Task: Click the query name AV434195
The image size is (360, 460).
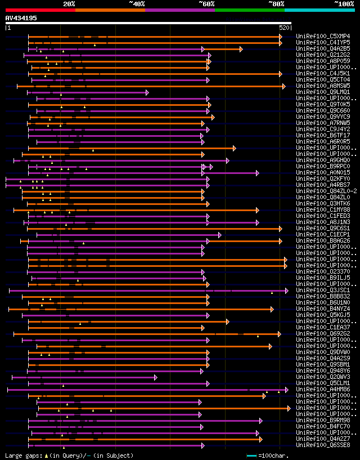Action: pos(21,18)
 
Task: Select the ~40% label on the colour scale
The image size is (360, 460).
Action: pos(137,4)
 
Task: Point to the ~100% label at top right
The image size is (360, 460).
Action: pos(343,4)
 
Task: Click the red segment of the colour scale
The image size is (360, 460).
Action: pos(40,10)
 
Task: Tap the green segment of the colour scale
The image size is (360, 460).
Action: pos(249,10)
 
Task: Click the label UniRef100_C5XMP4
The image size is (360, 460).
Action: pos(323,36)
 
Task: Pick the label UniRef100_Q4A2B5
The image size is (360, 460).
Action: pos(323,48)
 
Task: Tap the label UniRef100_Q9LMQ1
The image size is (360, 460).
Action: pos(323,92)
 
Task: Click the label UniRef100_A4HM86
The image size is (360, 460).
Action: pos(323,389)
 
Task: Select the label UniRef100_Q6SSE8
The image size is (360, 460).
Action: pos(323,445)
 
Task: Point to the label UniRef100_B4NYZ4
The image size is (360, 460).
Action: pos(323,309)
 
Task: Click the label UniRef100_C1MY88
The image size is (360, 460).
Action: pos(323,209)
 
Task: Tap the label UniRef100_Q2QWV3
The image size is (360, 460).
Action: pos(323,377)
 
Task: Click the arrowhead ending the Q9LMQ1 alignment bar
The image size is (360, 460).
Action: pos(147,92)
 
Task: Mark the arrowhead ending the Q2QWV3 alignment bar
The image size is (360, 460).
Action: pos(155,377)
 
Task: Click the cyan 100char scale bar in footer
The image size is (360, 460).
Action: pos(251,455)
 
